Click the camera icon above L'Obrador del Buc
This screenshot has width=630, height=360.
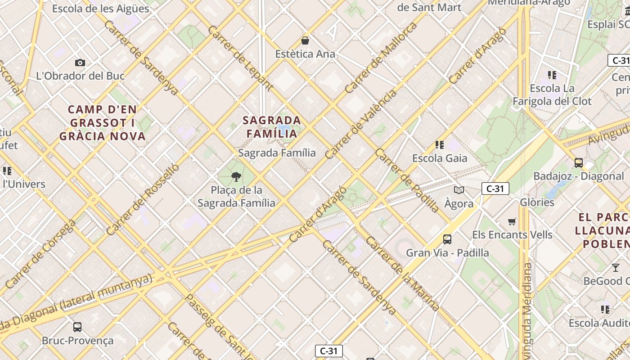click(x=80, y=63)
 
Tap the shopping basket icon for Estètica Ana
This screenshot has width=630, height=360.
click(x=305, y=41)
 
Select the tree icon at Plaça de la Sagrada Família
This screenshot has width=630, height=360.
click(x=236, y=176)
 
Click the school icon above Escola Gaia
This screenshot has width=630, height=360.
click(x=440, y=145)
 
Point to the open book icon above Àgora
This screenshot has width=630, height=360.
click(x=459, y=190)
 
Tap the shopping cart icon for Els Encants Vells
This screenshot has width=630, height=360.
click(x=512, y=221)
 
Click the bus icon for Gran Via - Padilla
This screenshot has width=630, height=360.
click(x=447, y=239)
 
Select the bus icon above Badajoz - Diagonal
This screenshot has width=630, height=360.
click(x=579, y=162)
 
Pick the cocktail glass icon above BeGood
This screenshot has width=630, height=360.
click(x=615, y=268)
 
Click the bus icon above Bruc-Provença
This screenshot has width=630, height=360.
click(x=77, y=327)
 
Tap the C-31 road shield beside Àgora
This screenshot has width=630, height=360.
click(x=495, y=189)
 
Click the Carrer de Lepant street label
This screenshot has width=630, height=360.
click(x=240, y=58)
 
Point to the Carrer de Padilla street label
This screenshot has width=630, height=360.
click(x=407, y=180)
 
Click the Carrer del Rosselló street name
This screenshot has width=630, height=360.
click(x=143, y=199)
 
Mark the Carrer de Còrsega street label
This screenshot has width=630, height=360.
click(x=40, y=254)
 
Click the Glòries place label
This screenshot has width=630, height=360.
click(x=537, y=202)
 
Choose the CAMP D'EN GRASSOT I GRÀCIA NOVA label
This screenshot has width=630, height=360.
click(x=103, y=122)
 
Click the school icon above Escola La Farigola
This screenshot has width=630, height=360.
click(x=552, y=75)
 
